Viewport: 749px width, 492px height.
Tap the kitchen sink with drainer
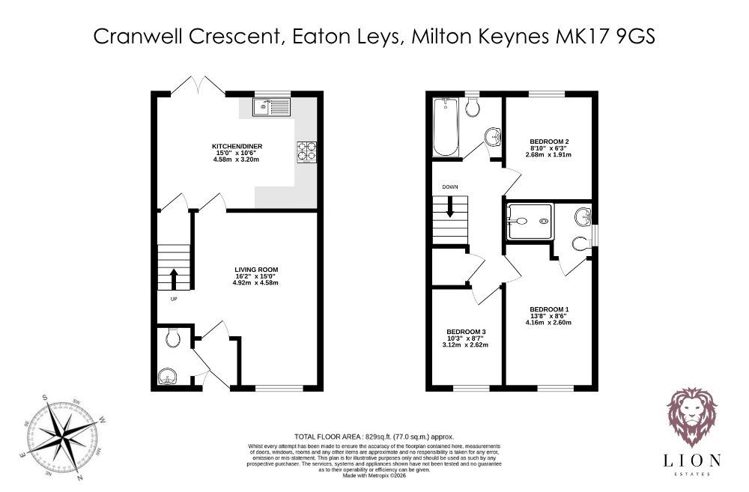[271, 107]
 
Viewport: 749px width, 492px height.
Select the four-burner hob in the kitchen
[307, 151]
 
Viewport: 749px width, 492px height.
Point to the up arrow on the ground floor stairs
[174, 279]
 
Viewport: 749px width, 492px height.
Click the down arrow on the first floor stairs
[449, 207]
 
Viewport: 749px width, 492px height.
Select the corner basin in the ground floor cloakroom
[167, 377]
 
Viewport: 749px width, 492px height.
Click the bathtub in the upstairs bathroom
[445, 127]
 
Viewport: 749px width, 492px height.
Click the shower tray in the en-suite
[530, 221]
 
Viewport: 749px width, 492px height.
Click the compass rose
[61, 436]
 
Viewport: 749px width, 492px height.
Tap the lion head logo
[691, 416]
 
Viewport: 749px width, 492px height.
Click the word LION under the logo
[691, 461]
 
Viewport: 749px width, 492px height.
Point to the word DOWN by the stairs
[450, 187]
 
